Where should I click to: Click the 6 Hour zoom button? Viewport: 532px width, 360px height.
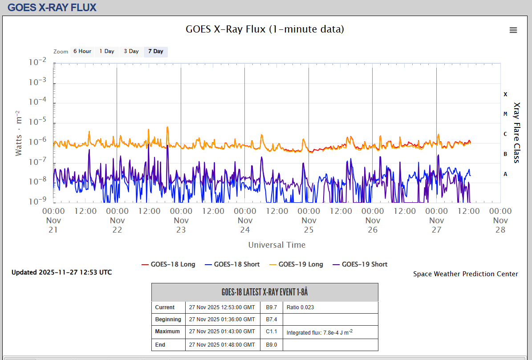tap(82, 51)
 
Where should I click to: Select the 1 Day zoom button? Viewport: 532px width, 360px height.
tap(107, 51)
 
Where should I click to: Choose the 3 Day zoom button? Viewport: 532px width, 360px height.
tap(131, 51)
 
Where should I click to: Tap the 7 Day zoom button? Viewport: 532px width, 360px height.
tap(156, 51)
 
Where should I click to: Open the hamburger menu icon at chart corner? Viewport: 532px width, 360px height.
tap(513, 30)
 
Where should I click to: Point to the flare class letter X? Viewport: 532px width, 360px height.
tap(505, 94)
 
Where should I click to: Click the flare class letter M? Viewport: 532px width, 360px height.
tap(505, 114)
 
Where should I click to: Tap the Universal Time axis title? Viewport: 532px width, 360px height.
tap(277, 245)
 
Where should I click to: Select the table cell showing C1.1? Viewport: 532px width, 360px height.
tap(272, 331)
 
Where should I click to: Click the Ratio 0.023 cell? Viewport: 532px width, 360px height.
tap(301, 307)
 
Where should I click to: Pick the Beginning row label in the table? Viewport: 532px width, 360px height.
tap(168, 319)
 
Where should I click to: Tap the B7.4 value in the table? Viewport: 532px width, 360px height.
tap(272, 319)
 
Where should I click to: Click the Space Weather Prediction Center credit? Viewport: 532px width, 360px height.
tap(466, 274)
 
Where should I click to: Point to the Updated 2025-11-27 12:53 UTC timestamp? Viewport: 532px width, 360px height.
tap(62, 272)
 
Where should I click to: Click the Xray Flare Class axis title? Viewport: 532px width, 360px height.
tap(516, 133)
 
